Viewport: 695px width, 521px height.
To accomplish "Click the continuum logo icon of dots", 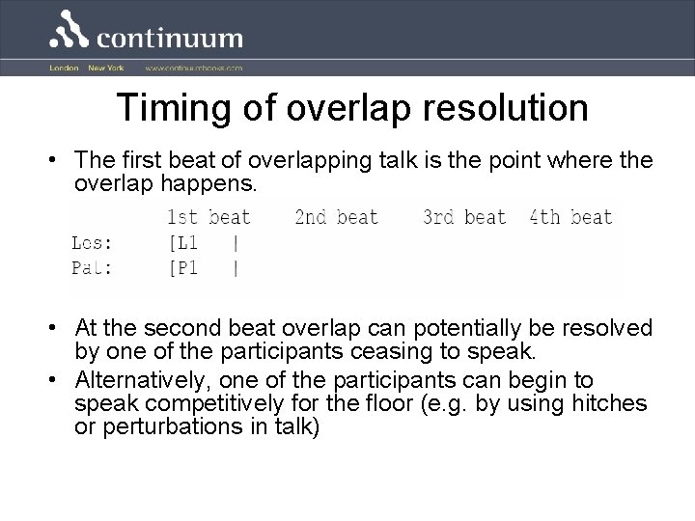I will click(x=71, y=30).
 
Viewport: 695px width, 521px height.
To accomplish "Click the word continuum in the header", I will click(x=170, y=38).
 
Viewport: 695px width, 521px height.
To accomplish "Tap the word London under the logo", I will click(x=63, y=69).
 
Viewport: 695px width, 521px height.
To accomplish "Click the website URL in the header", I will click(x=194, y=69).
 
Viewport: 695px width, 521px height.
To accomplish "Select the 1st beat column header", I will click(x=208, y=217).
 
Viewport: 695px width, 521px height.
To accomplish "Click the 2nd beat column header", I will click(x=336, y=217).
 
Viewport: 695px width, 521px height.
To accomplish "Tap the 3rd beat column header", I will click(x=463, y=217).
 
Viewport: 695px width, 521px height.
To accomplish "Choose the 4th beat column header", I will click(x=570, y=217).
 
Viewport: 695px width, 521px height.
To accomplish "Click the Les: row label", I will click(x=92, y=243).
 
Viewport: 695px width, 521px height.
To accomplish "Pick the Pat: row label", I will click(x=92, y=267).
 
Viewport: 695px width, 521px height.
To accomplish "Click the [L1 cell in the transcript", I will click(x=182, y=243).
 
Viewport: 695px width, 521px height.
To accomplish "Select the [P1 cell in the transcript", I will click(x=182, y=267).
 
